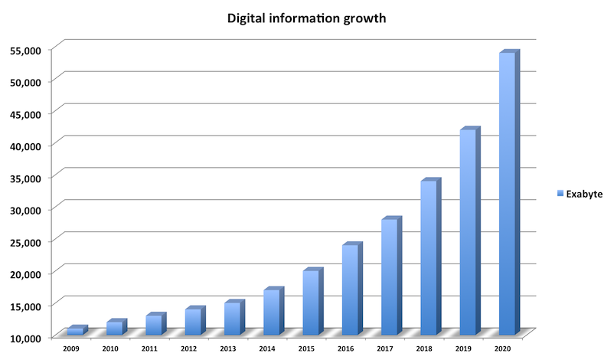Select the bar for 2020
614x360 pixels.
(x=507, y=191)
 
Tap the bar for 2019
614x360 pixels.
(x=467, y=230)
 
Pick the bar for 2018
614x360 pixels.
(x=428, y=257)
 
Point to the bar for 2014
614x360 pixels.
(x=271, y=312)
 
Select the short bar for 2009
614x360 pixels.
(x=74, y=331)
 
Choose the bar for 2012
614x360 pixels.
(x=192, y=321)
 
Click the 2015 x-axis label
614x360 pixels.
(x=307, y=349)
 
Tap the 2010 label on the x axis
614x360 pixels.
(x=110, y=349)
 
